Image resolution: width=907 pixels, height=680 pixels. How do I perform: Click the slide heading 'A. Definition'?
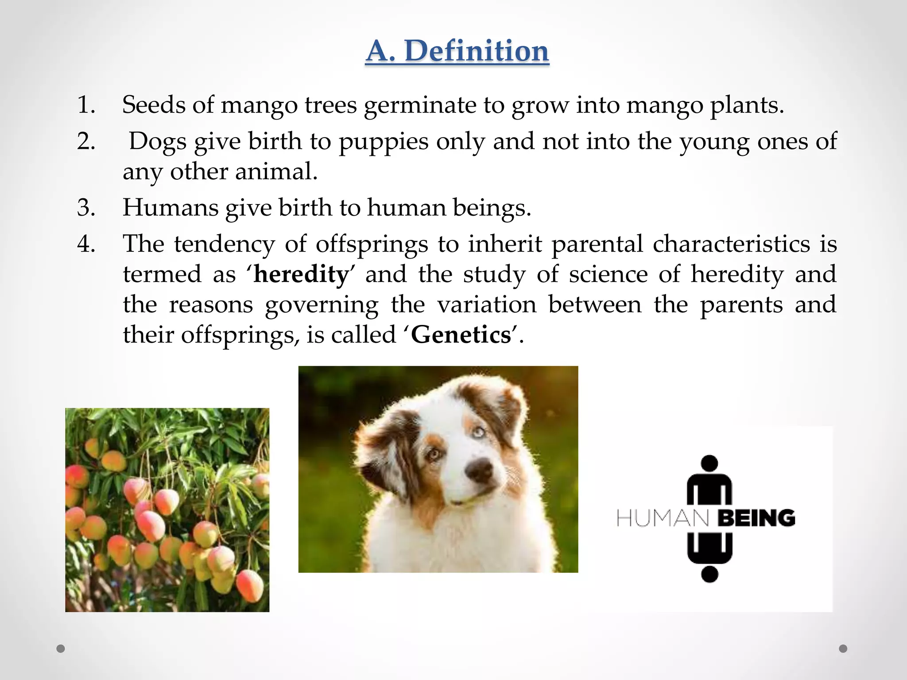[x=457, y=51]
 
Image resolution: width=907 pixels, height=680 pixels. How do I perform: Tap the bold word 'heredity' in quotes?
[x=301, y=274]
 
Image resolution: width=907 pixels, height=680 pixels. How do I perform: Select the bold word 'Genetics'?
[x=461, y=335]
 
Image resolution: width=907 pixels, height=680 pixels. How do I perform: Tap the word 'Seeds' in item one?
[x=153, y=105]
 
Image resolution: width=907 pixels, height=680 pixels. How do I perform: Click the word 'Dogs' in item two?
[x=158, y=142]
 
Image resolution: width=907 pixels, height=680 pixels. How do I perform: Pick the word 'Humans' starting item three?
[x=170, y=208]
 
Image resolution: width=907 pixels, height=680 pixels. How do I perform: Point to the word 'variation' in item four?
[x=487, y=305]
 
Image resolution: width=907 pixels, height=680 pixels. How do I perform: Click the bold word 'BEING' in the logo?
[x=756, y=518]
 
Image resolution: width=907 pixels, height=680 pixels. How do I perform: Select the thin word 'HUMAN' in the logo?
[x=663, y=518]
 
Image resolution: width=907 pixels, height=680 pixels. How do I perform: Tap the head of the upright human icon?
[x=709, y=464]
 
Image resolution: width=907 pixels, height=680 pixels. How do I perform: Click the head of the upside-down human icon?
[x=709, y=574]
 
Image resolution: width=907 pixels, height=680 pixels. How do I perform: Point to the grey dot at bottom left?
[x=61, y=649]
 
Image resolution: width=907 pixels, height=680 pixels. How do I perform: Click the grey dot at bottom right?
[x=843, y=649]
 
